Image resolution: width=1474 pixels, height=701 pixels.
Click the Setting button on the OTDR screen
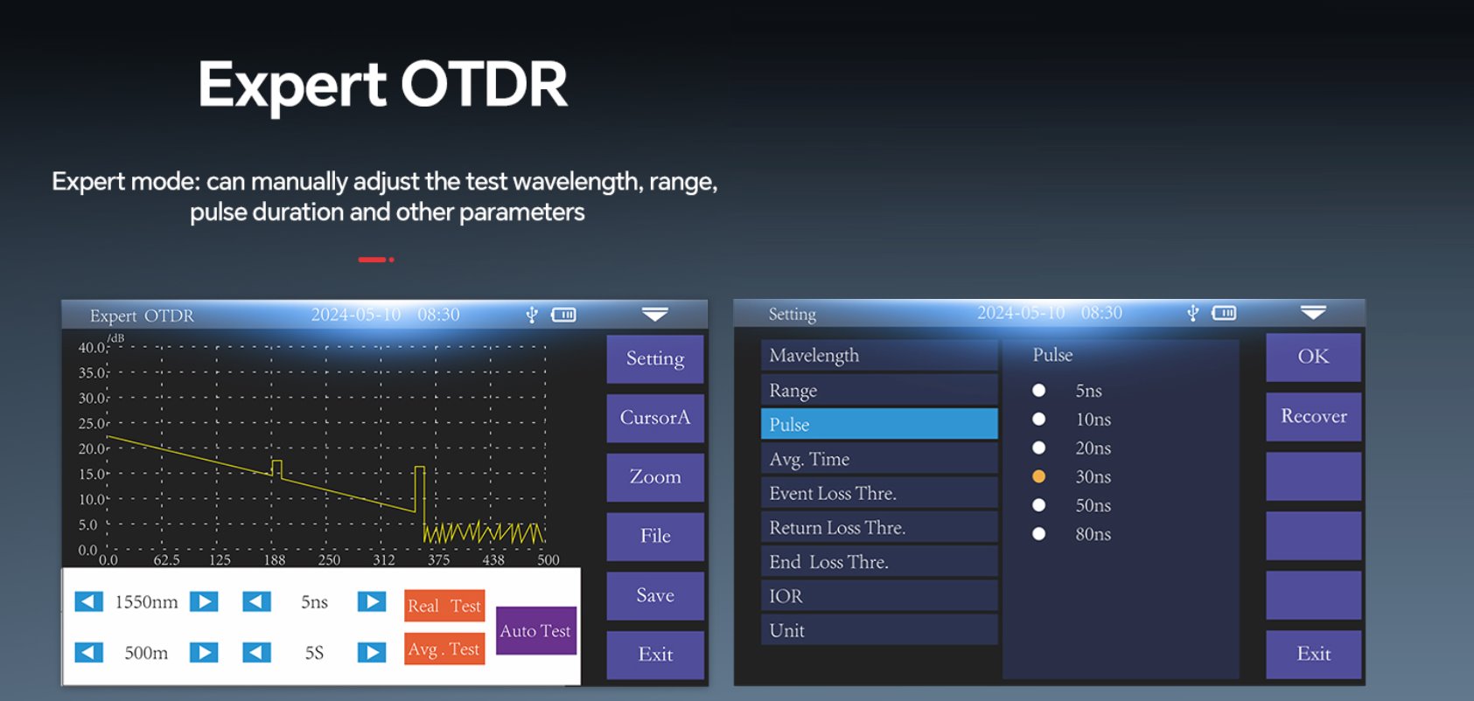[x=654, y=359]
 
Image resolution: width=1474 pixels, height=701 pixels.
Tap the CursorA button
[x=654, y=418]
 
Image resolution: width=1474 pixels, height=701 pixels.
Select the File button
[x=654, y=537]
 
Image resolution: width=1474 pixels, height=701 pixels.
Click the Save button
[x=654, y=596]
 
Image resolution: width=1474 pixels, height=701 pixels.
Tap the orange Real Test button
[x=444, y=606]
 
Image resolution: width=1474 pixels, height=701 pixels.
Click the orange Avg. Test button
[x=444, y=649]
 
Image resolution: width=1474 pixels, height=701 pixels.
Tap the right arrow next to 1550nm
[x=204, y=601]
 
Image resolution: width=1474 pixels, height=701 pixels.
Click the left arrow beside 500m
[x=89, y=652]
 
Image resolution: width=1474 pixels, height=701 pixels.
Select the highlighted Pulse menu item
[x=879, y=424]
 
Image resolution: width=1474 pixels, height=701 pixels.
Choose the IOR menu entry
[x=879, y=596]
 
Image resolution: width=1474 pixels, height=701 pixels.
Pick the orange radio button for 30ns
[x=1038, y=476]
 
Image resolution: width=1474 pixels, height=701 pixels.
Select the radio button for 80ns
[x=1038, y=533]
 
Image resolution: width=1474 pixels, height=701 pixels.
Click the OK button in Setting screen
[x=1313, y=357]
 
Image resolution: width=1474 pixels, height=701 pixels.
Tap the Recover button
[x=1313, y=417]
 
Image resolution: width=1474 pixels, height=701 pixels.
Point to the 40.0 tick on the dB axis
[x=92, y=348]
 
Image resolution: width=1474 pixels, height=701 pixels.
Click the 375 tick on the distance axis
[x=439, y=559]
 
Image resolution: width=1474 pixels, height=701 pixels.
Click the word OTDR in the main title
[x=484, y=84]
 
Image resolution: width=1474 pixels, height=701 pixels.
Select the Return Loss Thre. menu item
[x=879, y=527]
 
